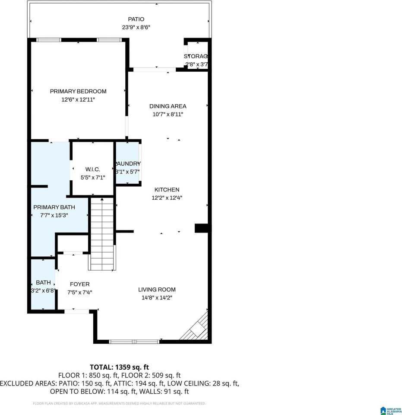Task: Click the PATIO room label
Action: coord(136,19)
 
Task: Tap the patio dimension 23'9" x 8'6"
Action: coord(136,27)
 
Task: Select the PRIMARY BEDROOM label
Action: coord(78,91)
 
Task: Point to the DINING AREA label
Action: coord(168,106)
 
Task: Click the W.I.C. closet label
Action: coord(93,169)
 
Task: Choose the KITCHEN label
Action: coord(167,189)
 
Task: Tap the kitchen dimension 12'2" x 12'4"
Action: coord(167,198)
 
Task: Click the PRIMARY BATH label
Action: coord(54,207)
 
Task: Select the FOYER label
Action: coord(80,284)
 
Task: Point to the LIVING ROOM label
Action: coord(157,289)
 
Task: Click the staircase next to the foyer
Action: coord(102,233)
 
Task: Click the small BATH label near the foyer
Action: coord(43,282)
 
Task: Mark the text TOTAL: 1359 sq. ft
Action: coord(119,367)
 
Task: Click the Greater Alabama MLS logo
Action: coord(389,410)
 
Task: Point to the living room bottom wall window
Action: coord(134,342)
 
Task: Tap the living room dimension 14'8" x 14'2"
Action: coord(157,297)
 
